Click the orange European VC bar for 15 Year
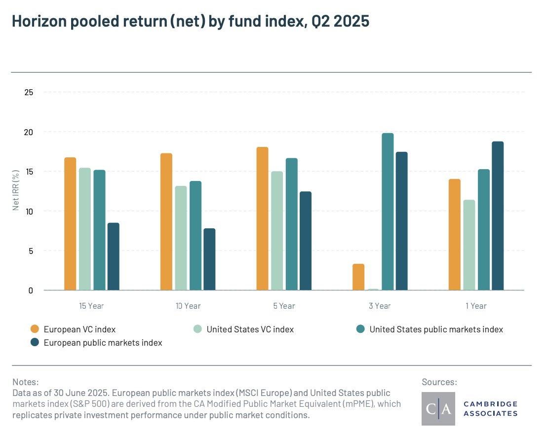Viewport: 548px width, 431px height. pyautogui.click(x=70, y=224)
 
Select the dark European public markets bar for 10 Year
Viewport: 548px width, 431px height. pyautogui.click(x=209, y=259)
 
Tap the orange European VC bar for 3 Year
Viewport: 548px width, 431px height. pyautogui.click(x=358, y=277)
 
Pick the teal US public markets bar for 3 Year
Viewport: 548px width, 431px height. pyautogui.click(x=388, y=212)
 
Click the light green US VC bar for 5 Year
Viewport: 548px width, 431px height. pyautogui.click(x=277, y=231)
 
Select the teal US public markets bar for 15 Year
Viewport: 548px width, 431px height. pyautogui.click(x=99, y=230)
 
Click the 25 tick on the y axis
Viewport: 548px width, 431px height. pyautogui.click(x=29, y=92)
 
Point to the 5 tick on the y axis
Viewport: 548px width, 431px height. pyautogui.click(x=31, y=251)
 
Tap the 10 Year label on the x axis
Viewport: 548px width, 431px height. pyautogui.click(x=188, y=306)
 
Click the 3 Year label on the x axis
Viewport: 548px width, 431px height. pyautogui.click(x=380, y=306)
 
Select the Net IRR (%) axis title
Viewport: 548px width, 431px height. pyautogui.click(x=16, y=189)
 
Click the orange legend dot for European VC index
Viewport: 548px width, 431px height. pyautogui.click(x=35, y=329)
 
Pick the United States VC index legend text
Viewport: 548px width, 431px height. pyautogui.click(x=250, y=329)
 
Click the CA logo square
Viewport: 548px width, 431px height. pyautogui.click(x=438, y=409)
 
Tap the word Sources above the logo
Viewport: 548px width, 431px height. pyautogui.click(x=439, y=382)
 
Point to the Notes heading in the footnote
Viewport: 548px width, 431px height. pyautogui.click(x=25, y=382)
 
